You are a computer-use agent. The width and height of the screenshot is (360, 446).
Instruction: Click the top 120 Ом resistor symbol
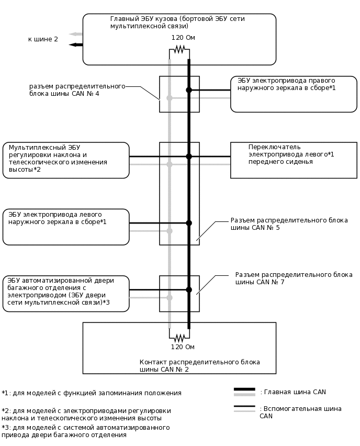click(179, 49)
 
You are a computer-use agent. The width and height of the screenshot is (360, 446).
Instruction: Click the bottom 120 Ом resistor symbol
click(179, 337)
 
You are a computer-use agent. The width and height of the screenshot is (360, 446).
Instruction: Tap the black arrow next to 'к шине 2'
click(75, 44)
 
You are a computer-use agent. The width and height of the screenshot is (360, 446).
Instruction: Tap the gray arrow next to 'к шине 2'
click(75, 34)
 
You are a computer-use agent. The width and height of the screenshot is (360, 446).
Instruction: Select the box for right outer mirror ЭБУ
click(293, 94)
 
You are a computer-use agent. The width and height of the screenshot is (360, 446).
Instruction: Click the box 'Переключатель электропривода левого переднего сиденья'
click(293, 160)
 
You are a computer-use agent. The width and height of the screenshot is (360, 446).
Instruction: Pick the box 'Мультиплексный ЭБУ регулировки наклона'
click(66, 160)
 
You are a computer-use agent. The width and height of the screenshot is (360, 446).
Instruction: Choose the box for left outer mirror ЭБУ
click(66, 227)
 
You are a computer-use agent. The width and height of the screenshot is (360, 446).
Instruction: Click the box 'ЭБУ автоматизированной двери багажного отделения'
click(66, 293)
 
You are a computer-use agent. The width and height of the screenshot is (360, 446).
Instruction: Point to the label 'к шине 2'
click(43, 39)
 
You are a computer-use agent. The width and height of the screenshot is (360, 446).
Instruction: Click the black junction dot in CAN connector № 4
click(189, 90)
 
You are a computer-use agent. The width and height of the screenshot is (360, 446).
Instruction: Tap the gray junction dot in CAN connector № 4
click(169, 98)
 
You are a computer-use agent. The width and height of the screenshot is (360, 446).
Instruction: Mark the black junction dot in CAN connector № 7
click(189, 289)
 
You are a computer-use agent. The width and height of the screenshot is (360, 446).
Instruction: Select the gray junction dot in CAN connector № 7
click(169, 297)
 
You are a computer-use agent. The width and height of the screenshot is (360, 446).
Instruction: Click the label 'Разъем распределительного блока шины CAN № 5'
click(289, 224)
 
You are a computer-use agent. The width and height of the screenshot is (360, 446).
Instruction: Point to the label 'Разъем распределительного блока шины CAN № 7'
click(294, 278)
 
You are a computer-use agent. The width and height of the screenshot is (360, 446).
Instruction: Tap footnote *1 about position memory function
click(92, 393)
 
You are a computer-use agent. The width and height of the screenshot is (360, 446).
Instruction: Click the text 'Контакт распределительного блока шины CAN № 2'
click(199, 365)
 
